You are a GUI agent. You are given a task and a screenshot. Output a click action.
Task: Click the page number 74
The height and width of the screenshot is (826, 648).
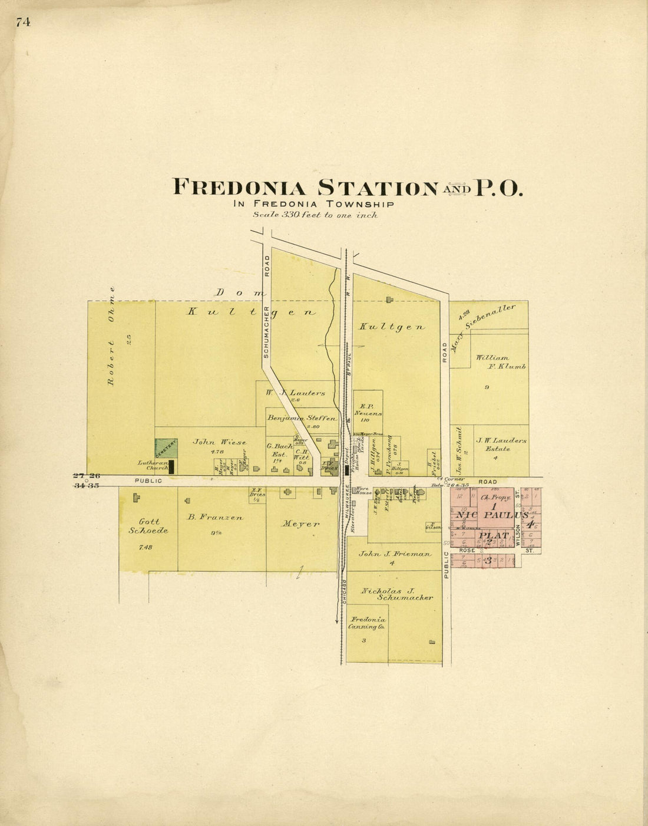point(23,22)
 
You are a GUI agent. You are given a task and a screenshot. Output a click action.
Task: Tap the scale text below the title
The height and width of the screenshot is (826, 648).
point(315,215)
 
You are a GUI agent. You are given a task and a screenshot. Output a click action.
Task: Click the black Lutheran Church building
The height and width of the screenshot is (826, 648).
point(171,467)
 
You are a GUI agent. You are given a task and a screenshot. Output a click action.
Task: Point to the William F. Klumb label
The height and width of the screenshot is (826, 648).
point(501,362)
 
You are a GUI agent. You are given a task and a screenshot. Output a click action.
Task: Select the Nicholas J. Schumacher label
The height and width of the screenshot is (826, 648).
point(396,594)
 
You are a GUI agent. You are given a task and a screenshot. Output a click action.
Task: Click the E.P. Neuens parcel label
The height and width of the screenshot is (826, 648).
point(367,410)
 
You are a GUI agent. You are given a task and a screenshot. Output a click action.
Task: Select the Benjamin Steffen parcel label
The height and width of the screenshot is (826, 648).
point(302,418)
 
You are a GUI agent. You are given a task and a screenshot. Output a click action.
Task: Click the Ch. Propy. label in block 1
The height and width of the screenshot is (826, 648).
point(494,498)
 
